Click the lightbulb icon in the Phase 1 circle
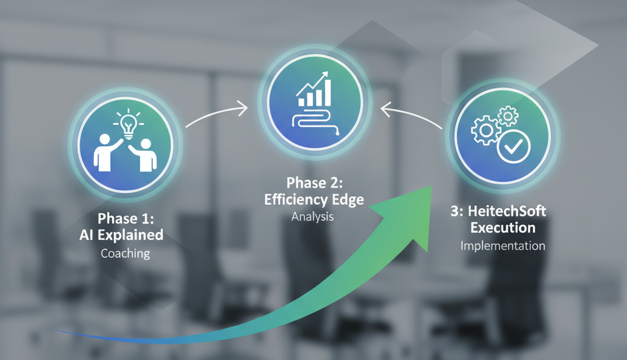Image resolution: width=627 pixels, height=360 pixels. (128, 123)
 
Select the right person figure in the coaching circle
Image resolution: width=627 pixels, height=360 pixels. (143, 155)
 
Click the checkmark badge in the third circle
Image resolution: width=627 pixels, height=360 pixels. (514, 147)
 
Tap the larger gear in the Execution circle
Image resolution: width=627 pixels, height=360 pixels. (486, 130)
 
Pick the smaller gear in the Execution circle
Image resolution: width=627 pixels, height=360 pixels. (508, 116)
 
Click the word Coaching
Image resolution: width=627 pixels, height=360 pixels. (125, 253)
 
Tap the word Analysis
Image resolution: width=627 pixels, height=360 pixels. (312, 216)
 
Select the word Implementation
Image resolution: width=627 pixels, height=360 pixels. (503, 246)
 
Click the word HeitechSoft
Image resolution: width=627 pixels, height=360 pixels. (507, 211)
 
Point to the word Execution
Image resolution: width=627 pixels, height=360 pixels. (503, 228)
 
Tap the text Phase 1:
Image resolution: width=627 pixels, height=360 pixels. (126, 219)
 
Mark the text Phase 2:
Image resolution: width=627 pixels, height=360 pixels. (314, 183)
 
